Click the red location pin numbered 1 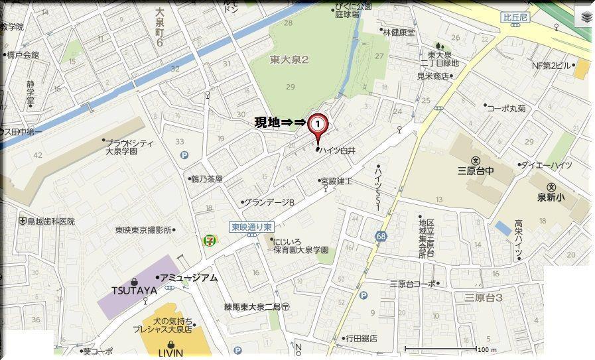tap(319, 124)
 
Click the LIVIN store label tap(171, 353)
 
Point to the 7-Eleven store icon tap(208, 240)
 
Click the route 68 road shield tap(380, 236)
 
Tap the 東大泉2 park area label tap(290, 60)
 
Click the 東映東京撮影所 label tap(143, 230)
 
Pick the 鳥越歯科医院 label tap(50, 221)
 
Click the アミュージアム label tap(190, 278)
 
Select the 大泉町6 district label tap(159, 27)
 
